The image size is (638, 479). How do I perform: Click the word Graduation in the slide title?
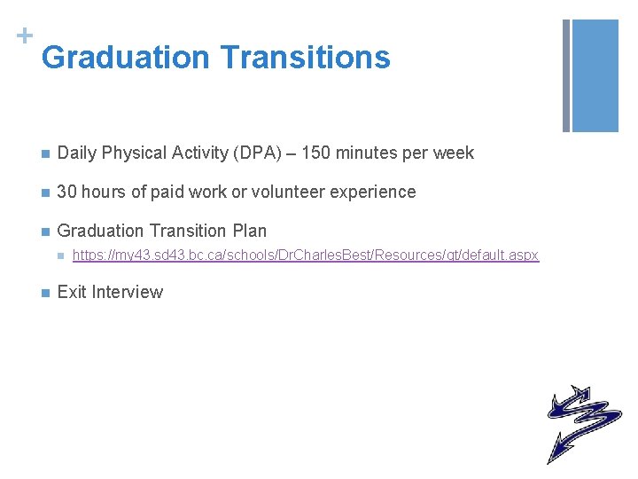pos(125,58)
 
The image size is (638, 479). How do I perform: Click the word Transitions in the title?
pos(305,58)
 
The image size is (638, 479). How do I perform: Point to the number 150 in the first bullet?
pos(318,153)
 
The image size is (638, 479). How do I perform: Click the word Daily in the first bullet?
pos(77,153)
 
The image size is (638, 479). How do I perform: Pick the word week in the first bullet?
pos(454,153)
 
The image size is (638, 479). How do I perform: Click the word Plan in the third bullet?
pos(248,231)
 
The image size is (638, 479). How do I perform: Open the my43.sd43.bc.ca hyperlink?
pos(305,255)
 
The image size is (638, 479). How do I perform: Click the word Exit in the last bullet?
pos(71,292)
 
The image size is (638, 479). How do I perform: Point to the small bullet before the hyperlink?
pos(58,256)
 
